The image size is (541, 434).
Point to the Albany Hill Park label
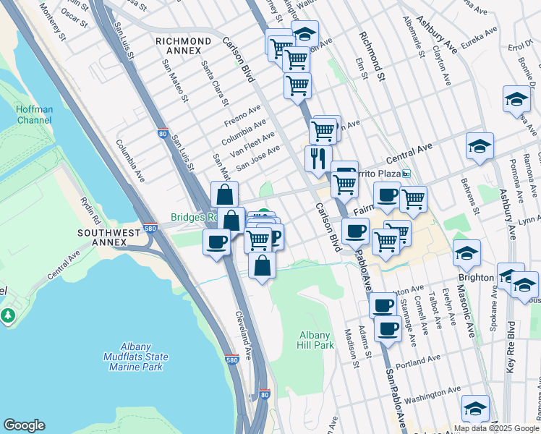[317, 340]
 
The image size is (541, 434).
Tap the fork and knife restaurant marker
[318, 158]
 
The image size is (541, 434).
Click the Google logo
[24, 425]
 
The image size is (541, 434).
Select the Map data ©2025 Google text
[495, 428]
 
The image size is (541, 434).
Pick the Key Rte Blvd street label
[511, 346]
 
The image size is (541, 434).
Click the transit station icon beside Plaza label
[406, 174]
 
